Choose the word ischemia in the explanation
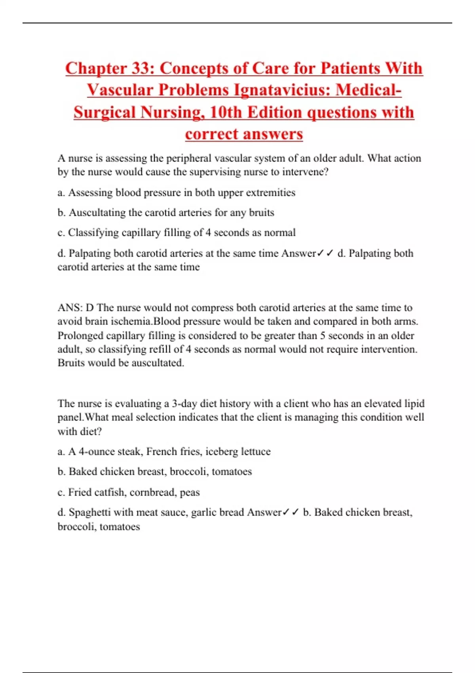pyautogui.click(x=132, y=321)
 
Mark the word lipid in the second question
pyautogui.click(x=414, y=404)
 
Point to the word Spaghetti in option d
pyautogui.click(x=89, y=513)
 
